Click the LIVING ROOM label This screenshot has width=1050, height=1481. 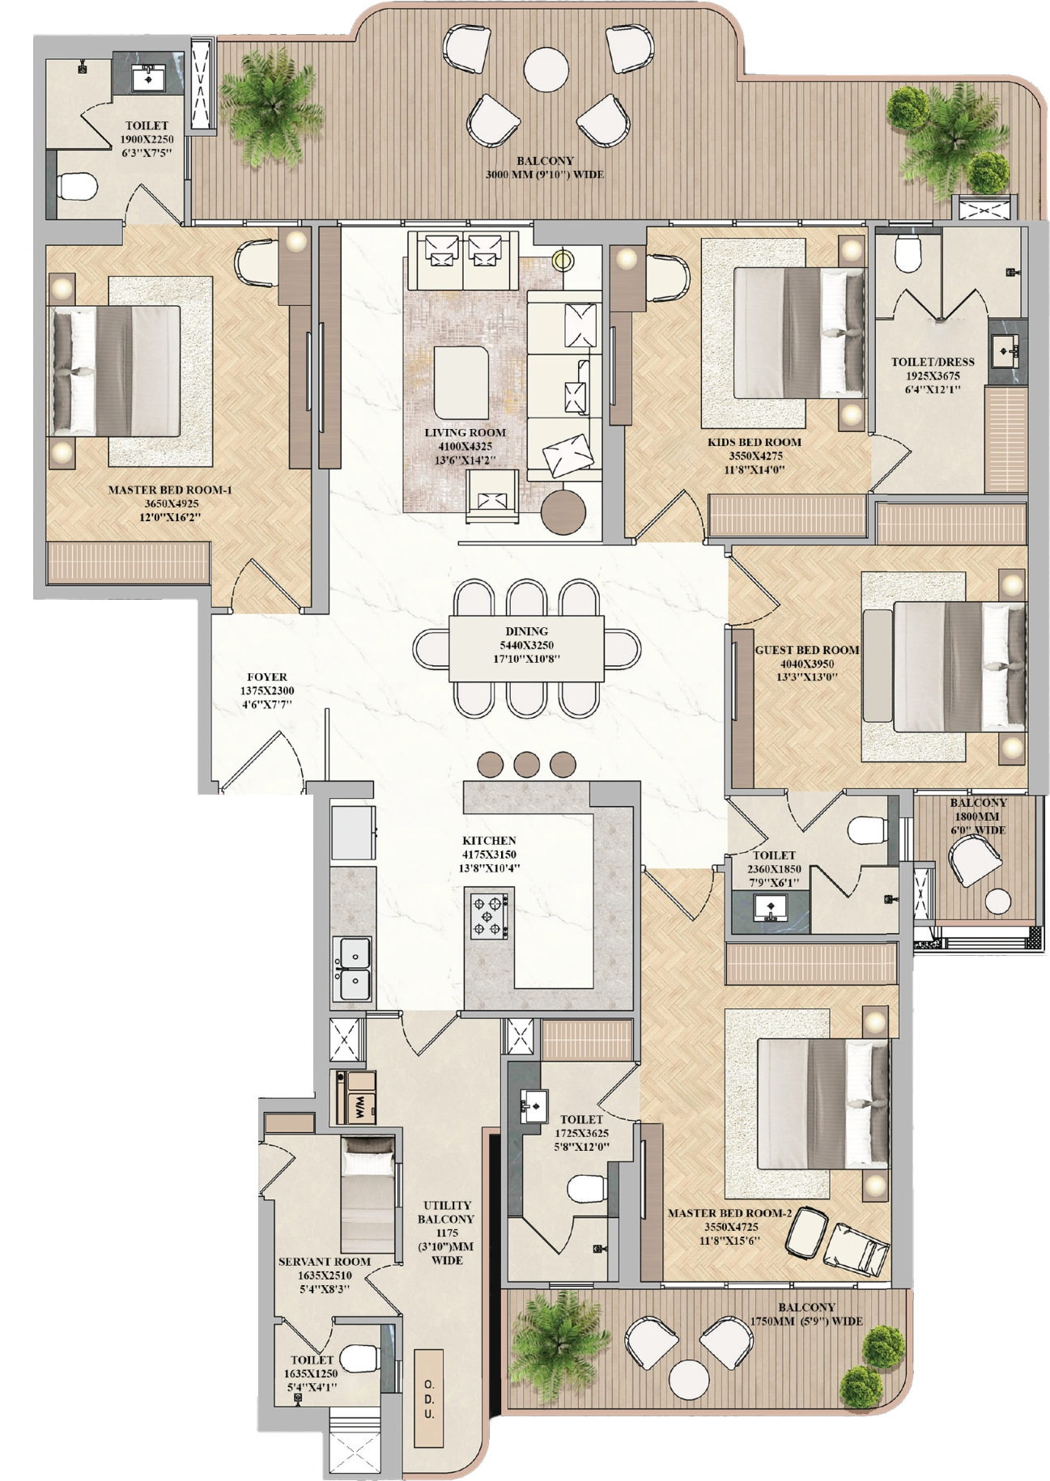[x=465, y=433]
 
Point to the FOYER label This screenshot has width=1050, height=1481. [x=267, y=677]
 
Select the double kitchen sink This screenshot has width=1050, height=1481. [x=352, y=970]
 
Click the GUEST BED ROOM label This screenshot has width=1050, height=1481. [x=807, y=650]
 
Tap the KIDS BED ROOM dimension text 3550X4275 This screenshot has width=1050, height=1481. [x=755, y=456]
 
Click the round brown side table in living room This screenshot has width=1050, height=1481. [x=563, y=512]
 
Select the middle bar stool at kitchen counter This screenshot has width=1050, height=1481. [x=527, y=764]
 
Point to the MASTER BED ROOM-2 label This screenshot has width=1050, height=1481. [x=729, y=1213]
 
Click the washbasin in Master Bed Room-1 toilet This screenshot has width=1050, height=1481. [x=149, y=78]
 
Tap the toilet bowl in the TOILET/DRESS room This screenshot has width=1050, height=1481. [x=909, y=253]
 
